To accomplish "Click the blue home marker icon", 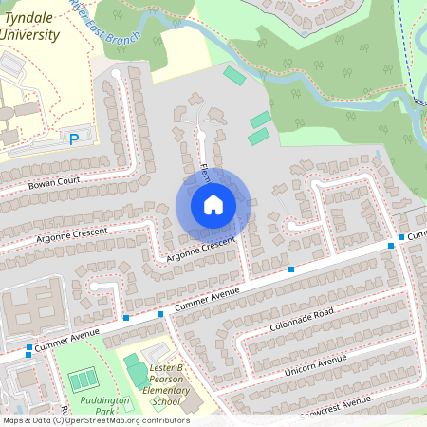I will pyautogui.click(x=213, y=204).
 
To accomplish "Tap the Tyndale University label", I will pyautogui.click(x=29, y=26).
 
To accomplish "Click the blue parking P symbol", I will pyautogui.click(x=74, y=139).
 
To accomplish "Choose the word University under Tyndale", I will pyautogui.click(x=29, y=35).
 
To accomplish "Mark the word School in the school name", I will pyautogui.click(x=166, y=401).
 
